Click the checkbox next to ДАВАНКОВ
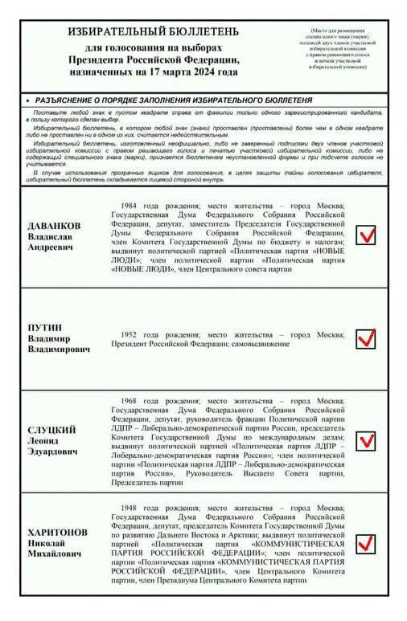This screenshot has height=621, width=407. [x=366, y=235]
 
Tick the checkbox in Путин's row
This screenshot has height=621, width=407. [x=366, y=338]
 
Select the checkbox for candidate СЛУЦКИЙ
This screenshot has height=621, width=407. [x=366, y=441]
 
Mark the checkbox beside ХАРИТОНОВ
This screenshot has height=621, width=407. [x=366, y=544]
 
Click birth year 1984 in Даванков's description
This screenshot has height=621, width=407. [x=132, y=206]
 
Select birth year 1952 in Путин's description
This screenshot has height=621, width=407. [x=132, y=333]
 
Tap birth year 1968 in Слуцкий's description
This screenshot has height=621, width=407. [x=132, y=400]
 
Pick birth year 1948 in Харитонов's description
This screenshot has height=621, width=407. [x=132, y=509]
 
